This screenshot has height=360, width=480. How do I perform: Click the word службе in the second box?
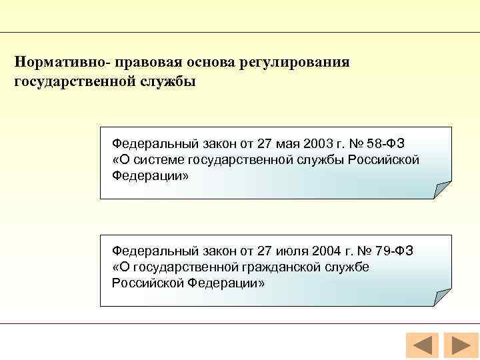tap(347, 267)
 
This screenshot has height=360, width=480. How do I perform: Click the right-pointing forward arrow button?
tap(458, 346)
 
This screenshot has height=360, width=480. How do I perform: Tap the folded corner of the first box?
tap(443, 191)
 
